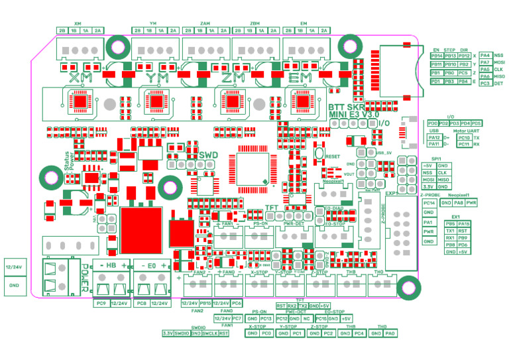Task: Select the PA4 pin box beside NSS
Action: pyautogui.click(x=485, y=55)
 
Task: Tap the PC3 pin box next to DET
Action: pyautogui.click(x=485, y=83)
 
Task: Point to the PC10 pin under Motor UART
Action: pyautogui.click(x=464, y=137)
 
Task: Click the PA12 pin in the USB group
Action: pyautogui.click(x=434, y=137)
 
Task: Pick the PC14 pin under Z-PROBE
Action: pyautogui.click(x=428, y=202)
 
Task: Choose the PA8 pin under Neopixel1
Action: pyautogui.click(x=458, y=202)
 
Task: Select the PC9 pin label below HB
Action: pyautogui.click(x=101, y=303)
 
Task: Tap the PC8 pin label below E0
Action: pyautogui.click(x=140, y=303)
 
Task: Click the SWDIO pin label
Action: pyautogui.click(x=182, y=333)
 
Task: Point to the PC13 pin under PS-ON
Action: pyautogui.click(x=266, y=318)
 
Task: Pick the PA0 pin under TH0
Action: pyautogui.click(x=390, y=333)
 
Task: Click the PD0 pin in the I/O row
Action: pyautogui.click(x=433, y=123)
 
